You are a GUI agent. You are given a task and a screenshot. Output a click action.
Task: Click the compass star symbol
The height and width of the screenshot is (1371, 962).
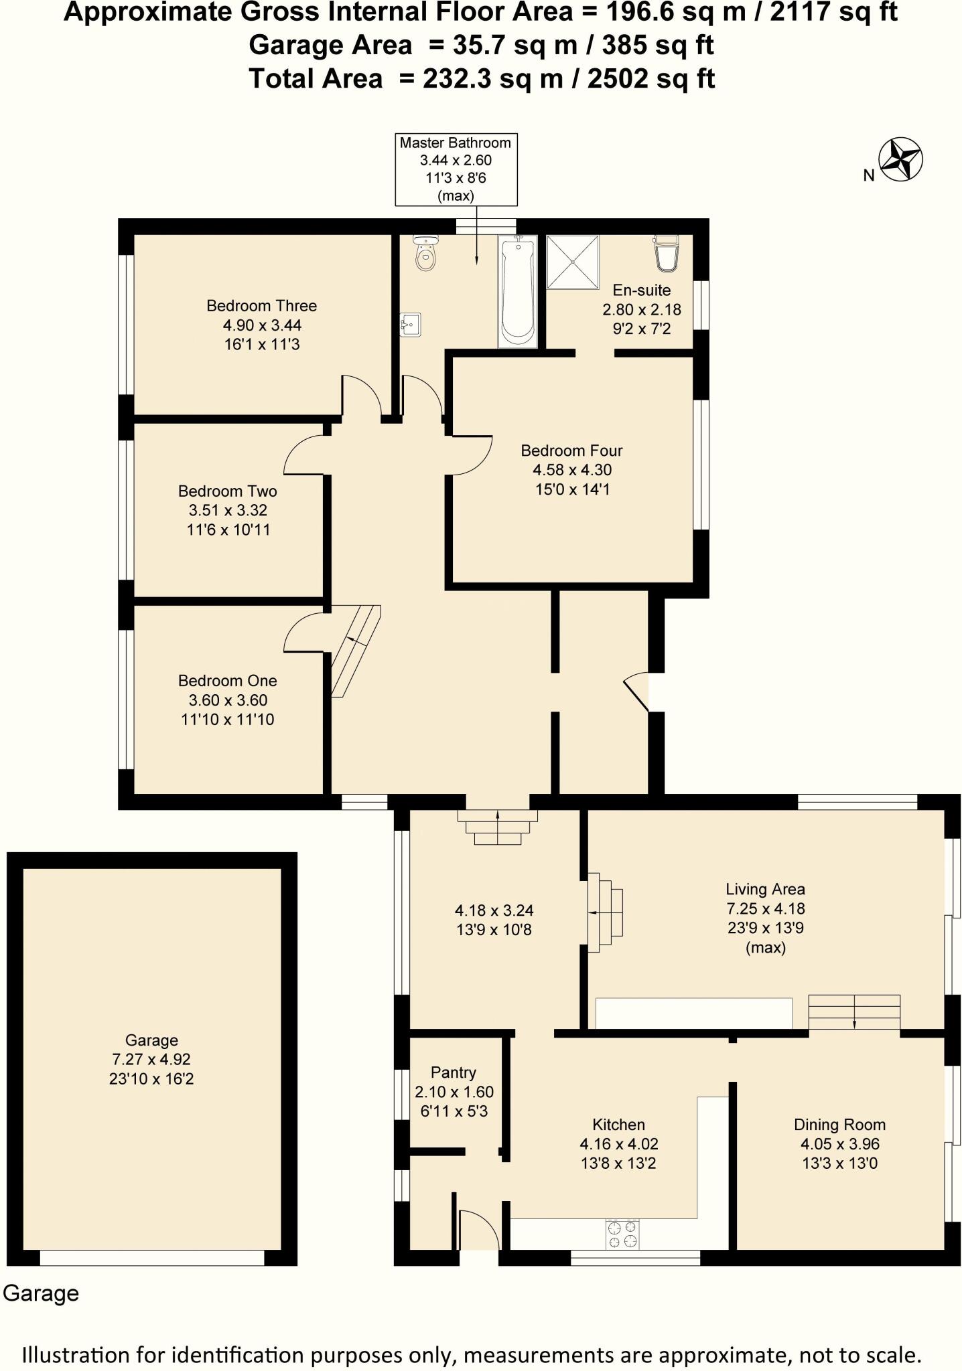(901, 159)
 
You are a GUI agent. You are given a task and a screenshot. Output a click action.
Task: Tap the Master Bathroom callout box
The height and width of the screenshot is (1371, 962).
(456, 169)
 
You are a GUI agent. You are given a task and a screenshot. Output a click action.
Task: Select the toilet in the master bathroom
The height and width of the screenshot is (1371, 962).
(425, 254)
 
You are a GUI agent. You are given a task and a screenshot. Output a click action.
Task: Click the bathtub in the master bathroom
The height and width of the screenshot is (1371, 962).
(517, 291)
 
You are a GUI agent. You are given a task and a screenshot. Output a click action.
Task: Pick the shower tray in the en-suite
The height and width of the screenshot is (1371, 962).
(573, 262)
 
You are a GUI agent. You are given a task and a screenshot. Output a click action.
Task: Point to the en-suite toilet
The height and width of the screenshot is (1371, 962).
(666, 253)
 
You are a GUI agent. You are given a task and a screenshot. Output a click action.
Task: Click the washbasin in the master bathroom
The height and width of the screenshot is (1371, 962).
(410, 325)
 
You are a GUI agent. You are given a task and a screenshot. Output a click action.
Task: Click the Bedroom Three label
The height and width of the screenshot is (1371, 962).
(261, 306)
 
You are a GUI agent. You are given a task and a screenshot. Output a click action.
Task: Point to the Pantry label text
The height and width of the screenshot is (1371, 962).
(454, 1072)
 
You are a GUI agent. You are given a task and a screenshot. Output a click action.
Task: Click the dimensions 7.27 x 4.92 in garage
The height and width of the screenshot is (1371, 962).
(151, 1059)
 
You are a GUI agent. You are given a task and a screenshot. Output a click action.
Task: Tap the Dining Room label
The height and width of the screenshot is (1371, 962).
(839, 1124)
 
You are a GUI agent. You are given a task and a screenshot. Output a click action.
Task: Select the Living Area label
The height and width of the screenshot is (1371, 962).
(765, 889)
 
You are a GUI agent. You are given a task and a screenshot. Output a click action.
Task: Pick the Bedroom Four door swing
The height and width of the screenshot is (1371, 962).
(472, 455)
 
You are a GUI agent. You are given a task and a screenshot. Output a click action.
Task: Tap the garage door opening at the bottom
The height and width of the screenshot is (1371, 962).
(152, 1257)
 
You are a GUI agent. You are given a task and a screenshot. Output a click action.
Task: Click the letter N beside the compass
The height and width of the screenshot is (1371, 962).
(869, 176)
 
